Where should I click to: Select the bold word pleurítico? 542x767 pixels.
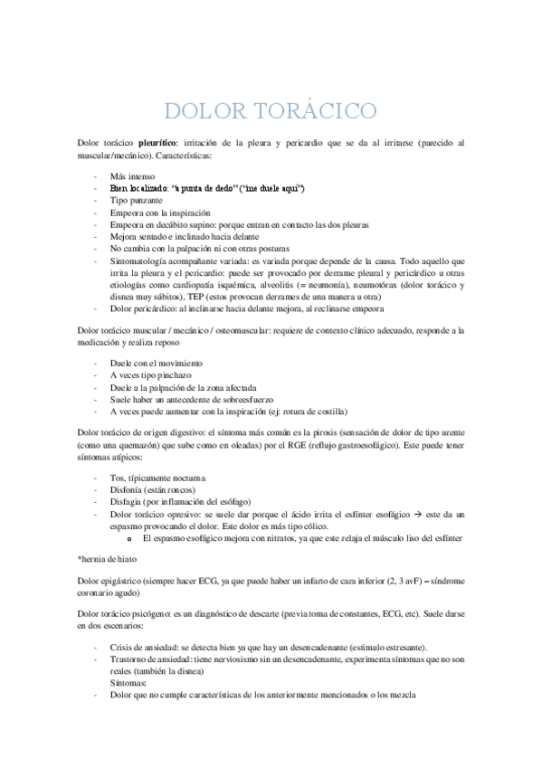tap(161, 143)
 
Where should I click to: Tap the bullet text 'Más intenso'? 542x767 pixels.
tap(132, 175)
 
